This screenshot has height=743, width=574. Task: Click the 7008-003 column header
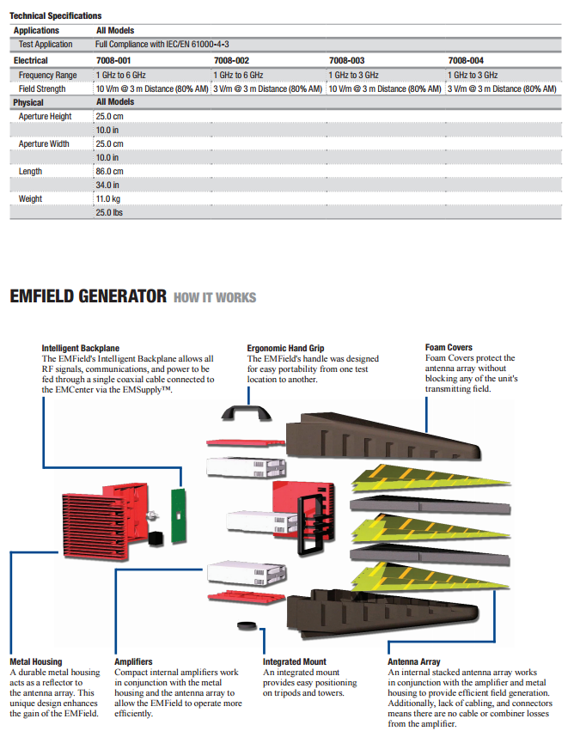tap(346, 61)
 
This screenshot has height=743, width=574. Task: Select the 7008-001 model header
tap(113, 61)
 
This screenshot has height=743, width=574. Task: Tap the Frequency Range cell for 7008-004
tap(473, 75)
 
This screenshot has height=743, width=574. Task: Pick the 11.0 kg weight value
tap(108, 199)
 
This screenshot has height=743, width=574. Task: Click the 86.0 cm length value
tap(109, 172)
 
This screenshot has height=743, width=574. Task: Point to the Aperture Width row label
tap(44, 144)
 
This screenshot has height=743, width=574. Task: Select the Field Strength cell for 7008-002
tap(268, 88)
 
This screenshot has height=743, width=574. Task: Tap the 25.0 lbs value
tap(109, 213)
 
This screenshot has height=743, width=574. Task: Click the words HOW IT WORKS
tap(215, 297)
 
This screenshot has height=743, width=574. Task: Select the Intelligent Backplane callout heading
tap(81, 348)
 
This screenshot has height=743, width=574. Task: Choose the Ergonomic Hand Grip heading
tap(285, 348)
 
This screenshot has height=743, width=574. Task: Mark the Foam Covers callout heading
tap(449, 347)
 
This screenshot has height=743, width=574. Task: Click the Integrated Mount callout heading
tap(295, 662)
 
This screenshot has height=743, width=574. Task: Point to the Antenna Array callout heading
tap(414, 662)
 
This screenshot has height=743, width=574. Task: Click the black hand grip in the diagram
tap(247, 410)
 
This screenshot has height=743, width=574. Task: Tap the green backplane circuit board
tap(179, 515)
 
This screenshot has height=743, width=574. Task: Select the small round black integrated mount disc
tap(247, 626)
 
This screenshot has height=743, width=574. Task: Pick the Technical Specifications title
tap(56, 15)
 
